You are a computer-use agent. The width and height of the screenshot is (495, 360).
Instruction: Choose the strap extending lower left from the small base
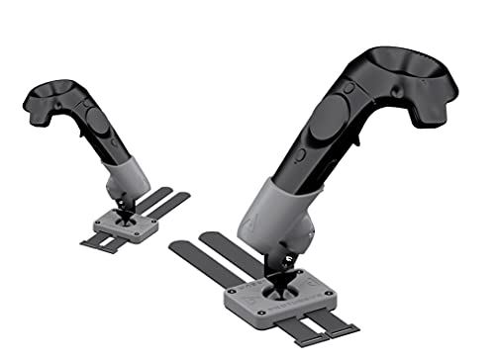[94, 244]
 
